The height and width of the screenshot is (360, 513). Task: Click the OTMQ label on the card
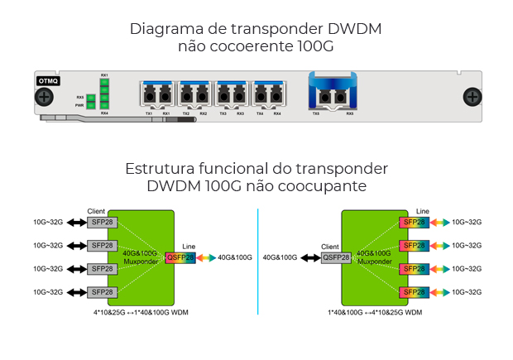[48, 81]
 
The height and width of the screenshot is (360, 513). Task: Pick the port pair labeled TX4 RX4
[268, 94]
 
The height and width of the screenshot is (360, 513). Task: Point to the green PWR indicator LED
[91, 106]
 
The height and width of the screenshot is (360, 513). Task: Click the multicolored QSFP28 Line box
[180, 257]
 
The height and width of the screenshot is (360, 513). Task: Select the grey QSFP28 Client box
[335, 257]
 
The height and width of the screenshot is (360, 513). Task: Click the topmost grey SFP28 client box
[103, 222]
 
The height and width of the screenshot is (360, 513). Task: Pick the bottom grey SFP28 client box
[103, 292]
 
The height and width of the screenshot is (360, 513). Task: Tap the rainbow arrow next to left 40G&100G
[206, 257]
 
